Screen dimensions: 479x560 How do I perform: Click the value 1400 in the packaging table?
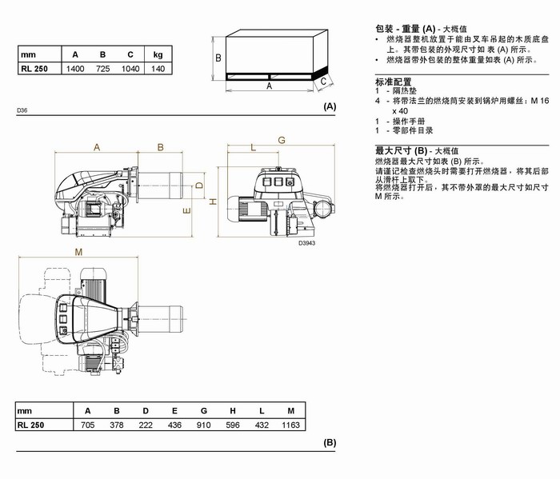[75, 69]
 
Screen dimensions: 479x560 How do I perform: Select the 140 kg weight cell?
[158, 69]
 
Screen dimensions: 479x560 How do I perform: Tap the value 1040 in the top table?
[130, 69]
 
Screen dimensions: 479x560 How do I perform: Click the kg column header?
[158, 54]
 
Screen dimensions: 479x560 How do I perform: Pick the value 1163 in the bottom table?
[290, 425]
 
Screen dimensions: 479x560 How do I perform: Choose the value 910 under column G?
[203, 425]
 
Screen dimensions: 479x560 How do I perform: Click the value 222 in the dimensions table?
[146, 425]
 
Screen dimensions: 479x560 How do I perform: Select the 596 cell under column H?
[233, 425]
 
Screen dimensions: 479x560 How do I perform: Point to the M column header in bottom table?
[290, 410]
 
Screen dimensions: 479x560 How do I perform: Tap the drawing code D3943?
[307, 243]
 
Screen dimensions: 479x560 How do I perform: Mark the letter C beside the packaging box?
[323, 80]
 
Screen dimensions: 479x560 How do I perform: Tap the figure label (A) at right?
[330, 106]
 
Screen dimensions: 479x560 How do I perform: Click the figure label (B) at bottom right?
[330, 442]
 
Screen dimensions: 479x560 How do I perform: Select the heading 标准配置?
[393, 82]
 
